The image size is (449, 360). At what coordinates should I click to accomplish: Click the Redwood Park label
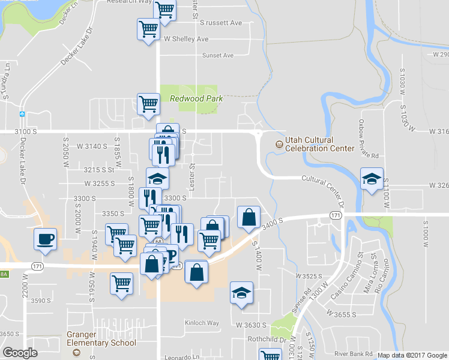tap(196, 98)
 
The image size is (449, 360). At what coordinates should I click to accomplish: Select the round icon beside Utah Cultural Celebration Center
tap(279, 144)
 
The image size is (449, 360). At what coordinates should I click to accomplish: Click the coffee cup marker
tap(46, 239)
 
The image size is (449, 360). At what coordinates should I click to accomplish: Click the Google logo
tap(20, 353)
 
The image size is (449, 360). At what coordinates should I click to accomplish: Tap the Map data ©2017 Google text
tap(412, 355)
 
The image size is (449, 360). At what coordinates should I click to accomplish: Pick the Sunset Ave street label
tap(217, 55)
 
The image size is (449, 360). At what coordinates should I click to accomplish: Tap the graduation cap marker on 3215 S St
tap(157, 178)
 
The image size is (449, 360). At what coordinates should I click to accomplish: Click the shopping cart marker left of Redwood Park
tap(148, 104)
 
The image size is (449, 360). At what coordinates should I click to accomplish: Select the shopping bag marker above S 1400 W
tap(249, 217)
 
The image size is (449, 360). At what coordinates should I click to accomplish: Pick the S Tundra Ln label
tap(7, 81)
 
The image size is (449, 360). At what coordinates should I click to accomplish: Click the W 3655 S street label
tap(342, 314)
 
